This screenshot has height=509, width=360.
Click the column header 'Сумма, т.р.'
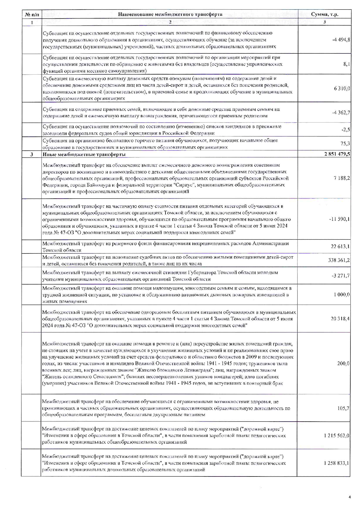tap(325, 14)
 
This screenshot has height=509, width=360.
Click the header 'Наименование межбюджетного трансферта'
tap(170, 14)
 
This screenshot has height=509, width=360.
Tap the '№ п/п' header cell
tap(32, 14)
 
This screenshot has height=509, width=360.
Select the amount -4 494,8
tap(341, 39)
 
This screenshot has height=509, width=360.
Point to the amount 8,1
tap(346, 64)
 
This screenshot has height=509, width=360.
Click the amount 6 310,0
tap(342, 88)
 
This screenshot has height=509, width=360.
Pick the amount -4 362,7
tap(341, 112)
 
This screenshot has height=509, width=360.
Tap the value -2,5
tap(345, 130)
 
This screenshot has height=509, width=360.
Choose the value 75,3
tap(345, 143)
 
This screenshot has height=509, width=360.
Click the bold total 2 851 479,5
tap(337, 154)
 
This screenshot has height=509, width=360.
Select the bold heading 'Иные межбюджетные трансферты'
tap(84, 154)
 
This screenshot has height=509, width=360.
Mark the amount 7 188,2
tap(342, 178)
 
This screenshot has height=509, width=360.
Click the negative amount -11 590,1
tap(339, 219)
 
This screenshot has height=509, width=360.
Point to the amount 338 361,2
tap(339, 260)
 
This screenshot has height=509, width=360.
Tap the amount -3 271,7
tap(341, 275)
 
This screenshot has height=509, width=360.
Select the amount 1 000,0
tap(342, 294)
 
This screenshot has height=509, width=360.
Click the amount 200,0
tap(343, 363)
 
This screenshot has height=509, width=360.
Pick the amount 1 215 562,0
tap(336, 436)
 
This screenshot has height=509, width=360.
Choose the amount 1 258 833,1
tap(336, 463)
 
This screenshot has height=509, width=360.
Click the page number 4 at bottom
tap(350, 497)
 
